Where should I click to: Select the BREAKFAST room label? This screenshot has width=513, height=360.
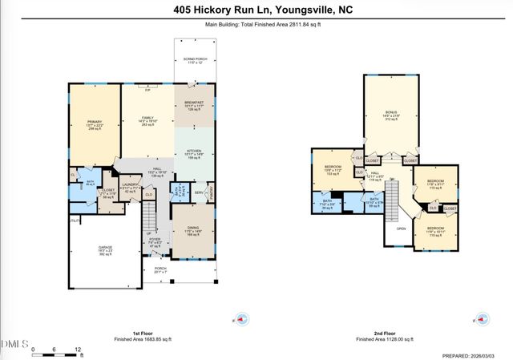click(193, 103)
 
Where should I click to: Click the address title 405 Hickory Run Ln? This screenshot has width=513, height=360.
click(256, 10)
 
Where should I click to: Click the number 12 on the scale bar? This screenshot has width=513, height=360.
click(78, 350)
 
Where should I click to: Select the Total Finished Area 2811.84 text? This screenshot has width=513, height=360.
click(256, 25)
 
